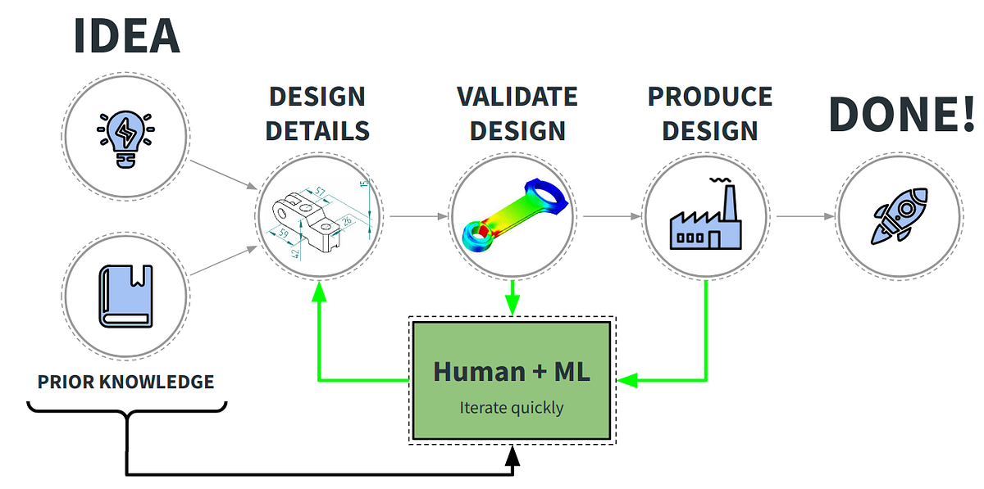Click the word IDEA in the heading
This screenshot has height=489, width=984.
click(x=126, y=35)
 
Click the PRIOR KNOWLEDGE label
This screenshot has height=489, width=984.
click(x=126, y=382)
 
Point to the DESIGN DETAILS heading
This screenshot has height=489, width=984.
click(x=318, y=113)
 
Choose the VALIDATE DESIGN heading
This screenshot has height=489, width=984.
click(x=517, y=113)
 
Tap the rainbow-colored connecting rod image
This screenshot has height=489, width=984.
click(x=512, y=216)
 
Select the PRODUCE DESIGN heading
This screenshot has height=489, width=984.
click(x=710, y=113)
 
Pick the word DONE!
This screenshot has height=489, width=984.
click(x=901, y=115)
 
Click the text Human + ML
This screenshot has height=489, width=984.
click(x=511, y=371)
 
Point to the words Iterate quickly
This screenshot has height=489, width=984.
click(x=511, y=406)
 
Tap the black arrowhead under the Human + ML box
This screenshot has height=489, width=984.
click(x=512, y=455)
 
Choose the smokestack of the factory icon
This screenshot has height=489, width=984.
click(x=727, y=200)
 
